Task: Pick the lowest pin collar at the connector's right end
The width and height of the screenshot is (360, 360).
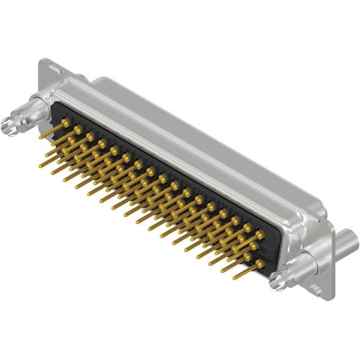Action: click(x=260, y=264)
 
